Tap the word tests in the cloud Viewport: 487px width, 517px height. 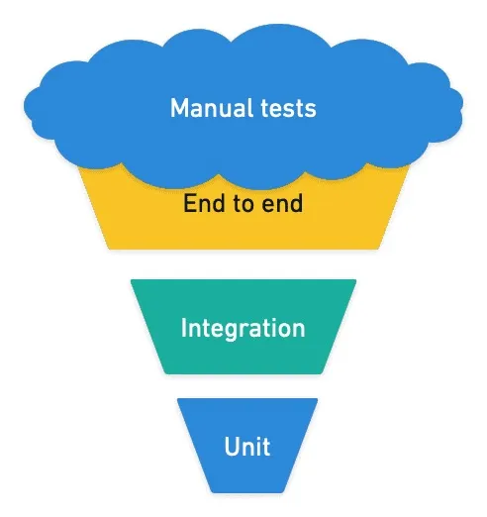coord(286,107)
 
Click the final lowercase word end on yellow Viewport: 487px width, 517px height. coord(282,205)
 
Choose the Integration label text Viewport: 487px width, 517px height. coord(243,328)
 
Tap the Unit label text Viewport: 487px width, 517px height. coord(247,446)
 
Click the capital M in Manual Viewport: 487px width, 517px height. coord(180,107)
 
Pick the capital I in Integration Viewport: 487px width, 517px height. coord(184,328)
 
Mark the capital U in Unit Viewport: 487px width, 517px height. coord(232,446)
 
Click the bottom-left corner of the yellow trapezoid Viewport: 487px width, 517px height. coord(106,248)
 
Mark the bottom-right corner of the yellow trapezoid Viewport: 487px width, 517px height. coord(381,248)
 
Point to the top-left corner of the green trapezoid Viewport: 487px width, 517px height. coord(132,281)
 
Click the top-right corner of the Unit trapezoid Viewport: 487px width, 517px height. coord(317,400)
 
